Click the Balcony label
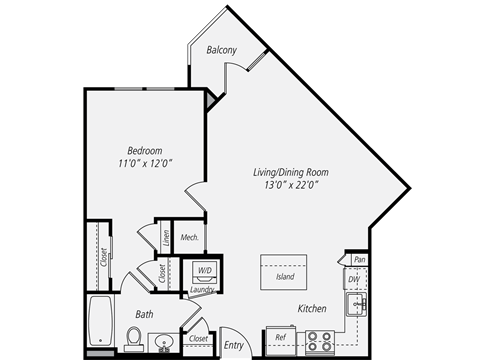pyautogui.click(x=222, y=50)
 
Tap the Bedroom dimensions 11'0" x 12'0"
pyautogui.click(x=145, y=163)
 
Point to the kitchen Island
pyautogui.click(x=284, y=272)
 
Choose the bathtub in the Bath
pyautogui.click(x=100, y=321)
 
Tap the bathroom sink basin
pyautogui.click(x=164, y=342)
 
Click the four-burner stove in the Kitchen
pyautogui.click(x=320, y=342)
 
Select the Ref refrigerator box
pyautogui.click(x=281, y=341)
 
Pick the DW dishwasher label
pyautogui.click(x=354, y=279)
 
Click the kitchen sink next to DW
pyautogui.click(x=356, y=304)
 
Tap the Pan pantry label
pyautogui.click(x=360, y=259)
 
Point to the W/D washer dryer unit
pyautogui.click(x=205, y=271)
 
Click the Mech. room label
pyautogui.click(x=190, y=237)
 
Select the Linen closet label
pyautogui.click(x=166, y=238)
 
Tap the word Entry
pyautogui.click(x=234, y=345)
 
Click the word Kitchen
pyautogui.click(x=312, y=309)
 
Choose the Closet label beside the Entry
pyautogui.click(x=198, y=339)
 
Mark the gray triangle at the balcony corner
pyautogui.click(x=211, y=99)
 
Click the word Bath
pyautogui.click(x=144, y=314)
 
